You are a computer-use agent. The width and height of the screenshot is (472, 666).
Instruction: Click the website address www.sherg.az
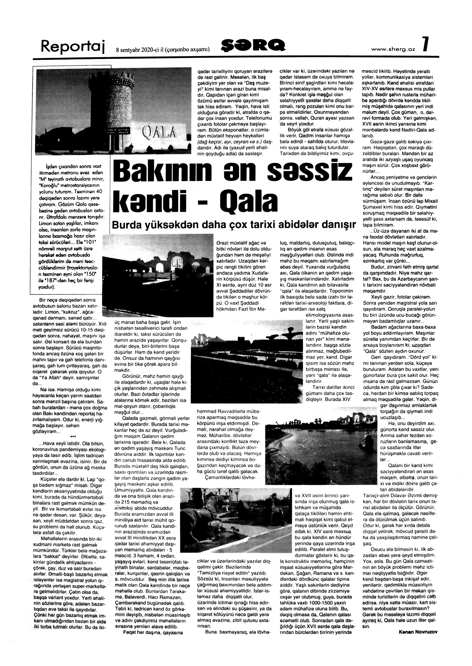pos(393,49)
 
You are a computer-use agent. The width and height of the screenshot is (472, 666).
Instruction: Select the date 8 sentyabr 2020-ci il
pos(140,49)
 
